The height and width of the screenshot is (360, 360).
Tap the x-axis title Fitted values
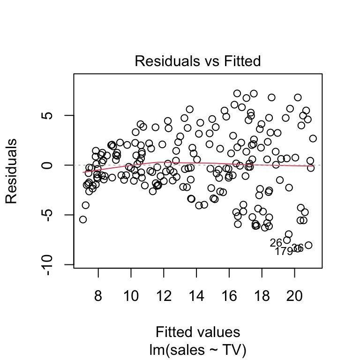click(x=197, y=332)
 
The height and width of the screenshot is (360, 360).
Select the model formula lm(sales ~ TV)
click(x=197, y=349)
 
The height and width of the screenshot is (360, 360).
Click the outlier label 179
click(x=284, y=251)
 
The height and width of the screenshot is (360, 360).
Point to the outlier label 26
click(x=276, y=243)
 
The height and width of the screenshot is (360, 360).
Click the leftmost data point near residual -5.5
click(x=83, y=219)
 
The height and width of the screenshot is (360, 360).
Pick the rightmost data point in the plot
click(x=313, y=139)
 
